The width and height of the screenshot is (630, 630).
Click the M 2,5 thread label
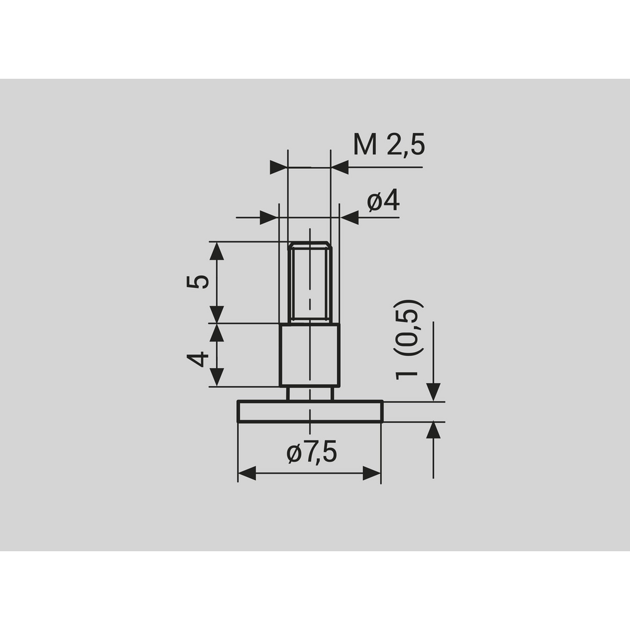click(389, 145)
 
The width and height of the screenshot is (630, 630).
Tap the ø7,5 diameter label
click(311, 452)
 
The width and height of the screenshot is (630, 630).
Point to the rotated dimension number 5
click(198, 281)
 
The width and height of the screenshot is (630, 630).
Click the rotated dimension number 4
click(198, 360)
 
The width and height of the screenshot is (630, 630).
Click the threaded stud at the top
click(309, 281)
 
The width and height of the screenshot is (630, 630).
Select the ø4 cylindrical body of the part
click(309, 355)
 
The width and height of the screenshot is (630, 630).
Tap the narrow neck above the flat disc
click(309, 394)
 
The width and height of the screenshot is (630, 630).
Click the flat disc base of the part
click(309, 411)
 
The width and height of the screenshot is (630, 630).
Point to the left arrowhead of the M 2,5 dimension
click(278, 168)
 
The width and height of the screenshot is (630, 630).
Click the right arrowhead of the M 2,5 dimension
click(340, 168)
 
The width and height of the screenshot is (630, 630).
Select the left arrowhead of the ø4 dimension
click(269, 218)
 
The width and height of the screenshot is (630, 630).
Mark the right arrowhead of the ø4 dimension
click(349, 218)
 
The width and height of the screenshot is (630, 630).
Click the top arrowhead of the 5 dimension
click(217, 251)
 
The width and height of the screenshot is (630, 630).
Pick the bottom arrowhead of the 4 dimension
click(217, 377)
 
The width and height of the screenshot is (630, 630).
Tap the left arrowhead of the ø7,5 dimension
click(247, 474)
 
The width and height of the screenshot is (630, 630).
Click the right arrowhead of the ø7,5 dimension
click(372, 474)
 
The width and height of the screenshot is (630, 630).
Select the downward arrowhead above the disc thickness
click(433, 392)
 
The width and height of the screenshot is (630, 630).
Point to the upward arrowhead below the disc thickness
click(433, 431)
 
